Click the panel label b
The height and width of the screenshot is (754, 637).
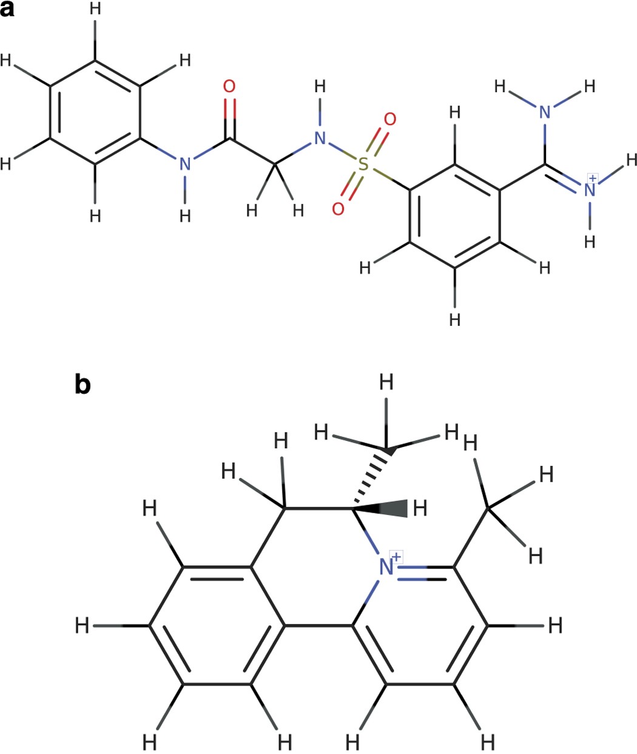[x=83, y=385]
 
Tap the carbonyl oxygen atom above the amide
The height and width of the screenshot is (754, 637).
[x=229, y=87]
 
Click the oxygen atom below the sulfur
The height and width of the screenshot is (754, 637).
[x=338, y=209]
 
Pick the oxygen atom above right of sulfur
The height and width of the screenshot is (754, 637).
[x=390, y=119]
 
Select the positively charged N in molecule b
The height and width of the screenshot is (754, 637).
[x=386, y=568]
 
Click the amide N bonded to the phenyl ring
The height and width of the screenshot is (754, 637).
[x=184, y=164]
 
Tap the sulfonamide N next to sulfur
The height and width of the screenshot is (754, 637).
[x=320, y=139]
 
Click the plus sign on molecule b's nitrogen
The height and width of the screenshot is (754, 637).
[x=396, y=557]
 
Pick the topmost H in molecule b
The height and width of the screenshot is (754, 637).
[x=386, y=383]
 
